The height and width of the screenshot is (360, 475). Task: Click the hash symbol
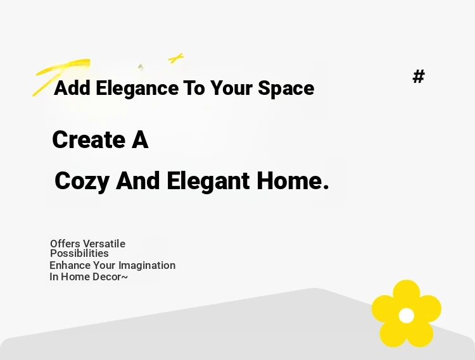(x=419, y=76)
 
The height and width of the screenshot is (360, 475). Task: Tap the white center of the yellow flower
(x=407, y=316)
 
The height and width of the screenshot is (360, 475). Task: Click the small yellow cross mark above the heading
(x=176, y=58)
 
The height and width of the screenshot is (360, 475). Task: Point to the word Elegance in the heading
(x=137, y=89)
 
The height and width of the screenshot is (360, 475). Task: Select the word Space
(x=286, y=89)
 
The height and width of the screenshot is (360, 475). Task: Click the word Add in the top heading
(x=72, y=88)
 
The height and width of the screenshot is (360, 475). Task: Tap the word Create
(x=89, y=139)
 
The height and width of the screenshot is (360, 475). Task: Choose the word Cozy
(x=82, y=181)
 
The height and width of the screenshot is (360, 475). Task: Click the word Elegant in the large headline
(x=208, y=181)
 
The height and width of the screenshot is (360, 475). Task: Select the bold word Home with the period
(x=293, y=180)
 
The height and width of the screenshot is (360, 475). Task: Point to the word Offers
(x=65, y=244)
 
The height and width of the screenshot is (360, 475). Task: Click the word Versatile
(x=104, y=244)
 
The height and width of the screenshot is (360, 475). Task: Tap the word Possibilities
(x=79, y=253)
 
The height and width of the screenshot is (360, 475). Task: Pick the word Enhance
(x=70, y=265)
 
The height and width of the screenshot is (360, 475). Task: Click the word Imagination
(x=147, y=266)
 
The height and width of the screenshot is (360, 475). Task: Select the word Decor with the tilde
(x=110, y=277)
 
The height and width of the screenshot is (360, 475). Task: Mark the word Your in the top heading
(x=231, y=89)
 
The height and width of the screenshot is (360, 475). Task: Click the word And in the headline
(x=138, y=180)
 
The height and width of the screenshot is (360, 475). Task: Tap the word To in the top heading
(x=194, y=89)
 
